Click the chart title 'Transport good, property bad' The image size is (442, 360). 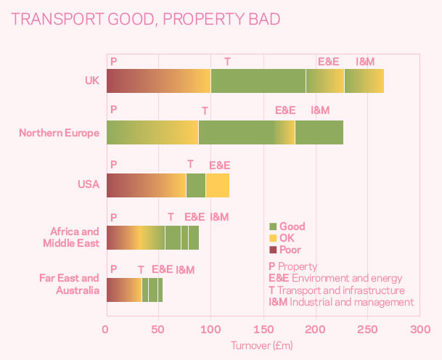click(x=146, y=20)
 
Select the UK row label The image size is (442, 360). click(x=91, y=81)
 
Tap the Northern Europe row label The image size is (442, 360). click(x=59, y=133)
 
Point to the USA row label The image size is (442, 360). click(x=88, y=184)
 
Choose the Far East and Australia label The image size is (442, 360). click(x=70, y=284)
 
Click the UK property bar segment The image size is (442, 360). click(x=158, y=81)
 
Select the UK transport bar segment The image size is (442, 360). click(x=258, y=81)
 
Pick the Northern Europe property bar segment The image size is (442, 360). click(x=152, y=133)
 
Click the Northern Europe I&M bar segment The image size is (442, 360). click(x=319, y=133)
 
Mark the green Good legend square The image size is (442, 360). click(x=273, y=226)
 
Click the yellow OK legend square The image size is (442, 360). click(x=273, y=238)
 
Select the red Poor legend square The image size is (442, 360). click(x=273, y=250)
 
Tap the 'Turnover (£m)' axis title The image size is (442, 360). click(x=262, y=346)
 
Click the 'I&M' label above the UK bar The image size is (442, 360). click(x=365, y=62)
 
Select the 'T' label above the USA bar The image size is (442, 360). click(x=190, y=164)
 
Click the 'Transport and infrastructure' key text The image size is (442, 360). click(x=341, y=290)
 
